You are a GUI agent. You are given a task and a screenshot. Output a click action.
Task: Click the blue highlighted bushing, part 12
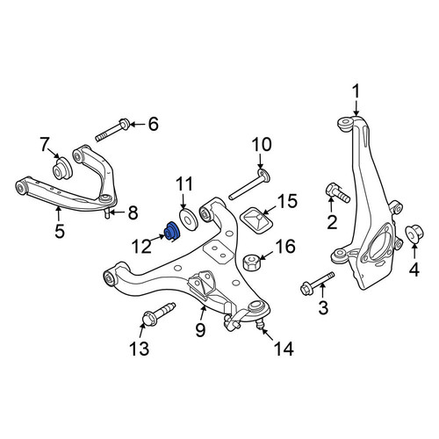[x=172, y=232]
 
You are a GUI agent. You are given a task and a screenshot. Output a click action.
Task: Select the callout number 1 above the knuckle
[x=356, y=91]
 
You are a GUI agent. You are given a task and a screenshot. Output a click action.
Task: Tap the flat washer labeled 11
[x=190, y=219]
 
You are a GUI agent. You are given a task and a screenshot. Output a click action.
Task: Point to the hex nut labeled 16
[x=252, y=263]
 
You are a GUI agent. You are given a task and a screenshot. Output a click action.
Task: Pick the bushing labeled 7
[x=62, y=169]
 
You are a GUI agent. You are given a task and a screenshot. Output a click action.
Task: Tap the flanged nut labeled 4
[x=414, y=234]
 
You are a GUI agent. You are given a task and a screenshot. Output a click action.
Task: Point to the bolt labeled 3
[x=318, y=283]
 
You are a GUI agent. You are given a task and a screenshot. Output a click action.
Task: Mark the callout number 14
[x=284, y=349]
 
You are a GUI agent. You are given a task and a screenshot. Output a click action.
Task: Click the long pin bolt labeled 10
[x=249, y=185]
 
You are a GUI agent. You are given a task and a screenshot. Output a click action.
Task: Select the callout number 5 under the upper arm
[x=60, y=231]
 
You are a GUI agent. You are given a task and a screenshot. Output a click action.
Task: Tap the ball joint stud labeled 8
[x=108, y=213]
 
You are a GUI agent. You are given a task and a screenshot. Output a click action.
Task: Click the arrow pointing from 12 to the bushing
[x=158, y=238]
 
